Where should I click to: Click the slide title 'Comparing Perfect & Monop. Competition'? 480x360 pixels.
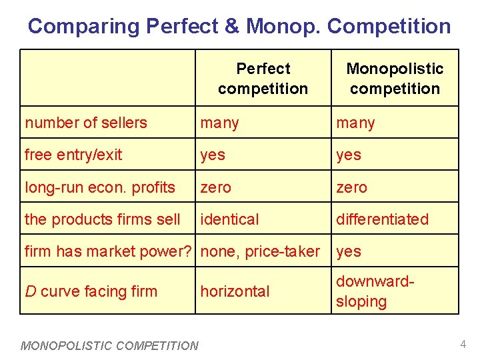pos(239,27)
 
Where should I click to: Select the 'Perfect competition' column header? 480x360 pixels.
pos(263,79)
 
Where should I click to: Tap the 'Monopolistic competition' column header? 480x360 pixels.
pos(395,79)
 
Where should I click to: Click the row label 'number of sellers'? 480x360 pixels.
pos(86,123)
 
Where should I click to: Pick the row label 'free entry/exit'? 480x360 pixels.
pos(73,155)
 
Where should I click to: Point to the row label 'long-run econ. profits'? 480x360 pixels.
pos(100,187)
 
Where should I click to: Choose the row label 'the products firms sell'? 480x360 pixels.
pos(103,219)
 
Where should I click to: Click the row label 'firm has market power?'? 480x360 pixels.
pos(109,251)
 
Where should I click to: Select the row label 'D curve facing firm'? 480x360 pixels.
pos(91,291)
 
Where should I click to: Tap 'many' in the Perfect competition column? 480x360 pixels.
pos(220,123)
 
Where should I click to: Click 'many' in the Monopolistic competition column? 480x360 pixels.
pos(355,123)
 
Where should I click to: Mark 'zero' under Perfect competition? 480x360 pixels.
pos(216,187)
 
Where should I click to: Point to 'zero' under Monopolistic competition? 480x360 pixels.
pos(351,187)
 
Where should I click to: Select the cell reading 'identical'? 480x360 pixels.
pos(230,219)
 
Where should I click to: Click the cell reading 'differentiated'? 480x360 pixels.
pos(382,219)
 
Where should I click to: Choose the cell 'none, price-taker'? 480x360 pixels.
pos(260,251)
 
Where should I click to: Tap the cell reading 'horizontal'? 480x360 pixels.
pos(235,291)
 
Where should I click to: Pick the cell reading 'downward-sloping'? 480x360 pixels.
pos(375,291)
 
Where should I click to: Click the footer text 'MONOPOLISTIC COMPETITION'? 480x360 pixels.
pos(109,345)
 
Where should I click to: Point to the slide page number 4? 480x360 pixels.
pos(462,345)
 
